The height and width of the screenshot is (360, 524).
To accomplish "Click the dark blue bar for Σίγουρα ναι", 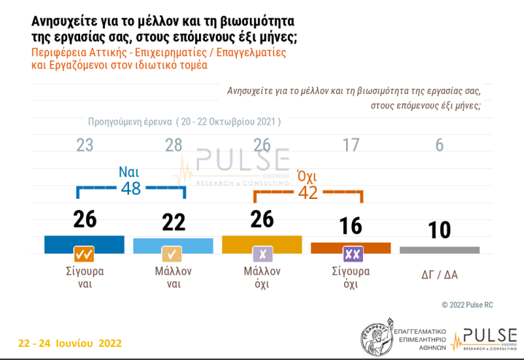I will point(85,243).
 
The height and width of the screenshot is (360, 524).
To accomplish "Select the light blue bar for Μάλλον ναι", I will point(173,245).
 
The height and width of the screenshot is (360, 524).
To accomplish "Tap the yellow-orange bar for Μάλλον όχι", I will point(262,243).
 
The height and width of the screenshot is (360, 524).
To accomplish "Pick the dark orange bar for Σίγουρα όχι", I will point(351,247).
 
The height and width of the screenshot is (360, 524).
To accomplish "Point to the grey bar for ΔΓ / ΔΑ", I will point(439,249).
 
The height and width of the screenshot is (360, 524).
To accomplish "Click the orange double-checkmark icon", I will point(85,254).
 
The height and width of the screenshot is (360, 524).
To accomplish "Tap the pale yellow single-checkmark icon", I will point(173,254).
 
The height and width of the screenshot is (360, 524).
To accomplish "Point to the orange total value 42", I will point(308,193).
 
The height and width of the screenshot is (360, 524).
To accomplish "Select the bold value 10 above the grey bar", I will point(439,230).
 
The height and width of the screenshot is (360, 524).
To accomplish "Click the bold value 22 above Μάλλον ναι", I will point(173,222).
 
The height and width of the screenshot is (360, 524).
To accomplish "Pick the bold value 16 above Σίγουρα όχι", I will point(351,226).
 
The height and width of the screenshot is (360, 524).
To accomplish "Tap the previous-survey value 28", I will point(173,145).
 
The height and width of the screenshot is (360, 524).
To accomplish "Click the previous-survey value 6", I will point(439,145).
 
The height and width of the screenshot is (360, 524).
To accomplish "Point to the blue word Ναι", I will point(130,173).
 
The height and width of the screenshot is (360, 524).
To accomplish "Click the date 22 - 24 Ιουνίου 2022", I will point(69,343).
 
